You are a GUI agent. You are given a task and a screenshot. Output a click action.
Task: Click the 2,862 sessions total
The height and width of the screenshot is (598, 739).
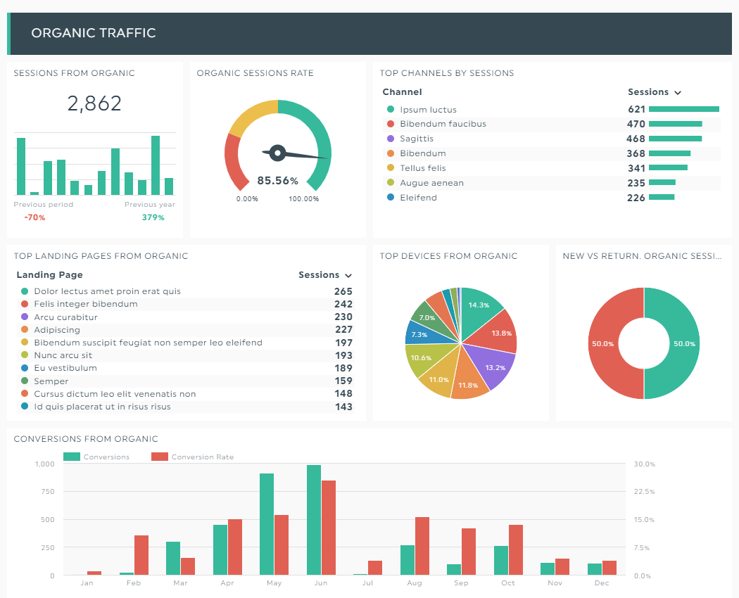[94, 103]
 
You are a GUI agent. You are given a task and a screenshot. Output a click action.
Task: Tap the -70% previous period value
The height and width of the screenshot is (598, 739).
[35, 217]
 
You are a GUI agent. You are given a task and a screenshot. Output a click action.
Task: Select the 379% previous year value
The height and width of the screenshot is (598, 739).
[153, 217]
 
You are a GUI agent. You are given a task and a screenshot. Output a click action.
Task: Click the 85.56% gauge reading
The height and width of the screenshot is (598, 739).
[277, 181]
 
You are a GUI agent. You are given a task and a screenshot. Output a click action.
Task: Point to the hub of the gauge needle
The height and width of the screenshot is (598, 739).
[277, 153]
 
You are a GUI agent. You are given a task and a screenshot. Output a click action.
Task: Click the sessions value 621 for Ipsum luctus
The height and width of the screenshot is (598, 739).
[636, 109]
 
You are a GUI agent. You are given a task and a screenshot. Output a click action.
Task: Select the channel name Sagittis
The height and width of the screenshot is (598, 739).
[417, 139]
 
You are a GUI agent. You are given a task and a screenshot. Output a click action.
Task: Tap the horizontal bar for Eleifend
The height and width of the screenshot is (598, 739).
[662, 198]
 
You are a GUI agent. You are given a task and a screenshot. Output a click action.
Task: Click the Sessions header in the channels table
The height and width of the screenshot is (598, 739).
[648, 92]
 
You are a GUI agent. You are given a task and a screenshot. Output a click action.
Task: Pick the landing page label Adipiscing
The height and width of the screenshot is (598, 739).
[57, 330]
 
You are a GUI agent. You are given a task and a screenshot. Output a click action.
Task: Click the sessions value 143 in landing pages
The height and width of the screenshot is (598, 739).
[343, 407]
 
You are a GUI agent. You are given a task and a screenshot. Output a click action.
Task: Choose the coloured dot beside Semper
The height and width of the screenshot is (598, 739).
[25, 381]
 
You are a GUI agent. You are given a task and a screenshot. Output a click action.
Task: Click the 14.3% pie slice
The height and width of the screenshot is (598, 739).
[480, 309]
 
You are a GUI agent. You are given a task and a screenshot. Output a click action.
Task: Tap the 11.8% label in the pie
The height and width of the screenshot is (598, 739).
[468, 385]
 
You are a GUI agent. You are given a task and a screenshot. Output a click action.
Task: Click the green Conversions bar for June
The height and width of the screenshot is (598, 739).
[314, 520]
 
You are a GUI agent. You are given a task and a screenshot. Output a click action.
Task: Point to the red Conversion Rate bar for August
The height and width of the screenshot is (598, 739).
[422, 546]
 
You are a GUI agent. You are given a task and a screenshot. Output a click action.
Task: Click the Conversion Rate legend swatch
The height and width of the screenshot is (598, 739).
[160, 457]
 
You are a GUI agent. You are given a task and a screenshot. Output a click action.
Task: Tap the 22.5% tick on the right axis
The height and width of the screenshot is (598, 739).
[644, 492]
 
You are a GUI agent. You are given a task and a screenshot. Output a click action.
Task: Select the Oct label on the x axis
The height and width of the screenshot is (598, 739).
[508, 583]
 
